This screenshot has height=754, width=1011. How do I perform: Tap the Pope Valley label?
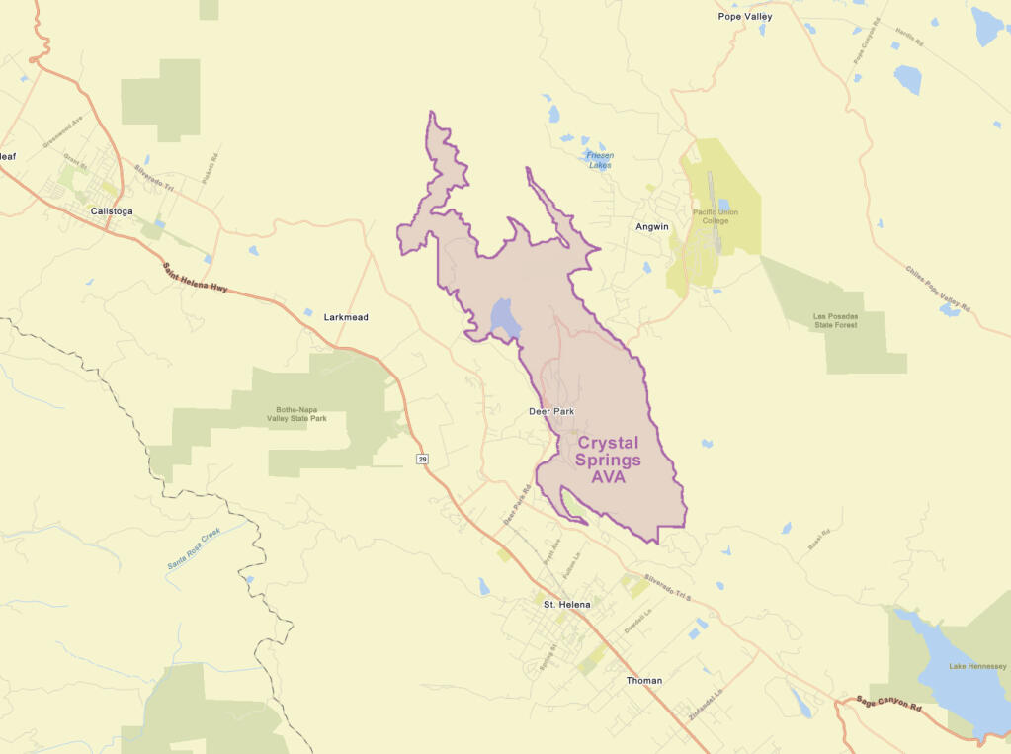coord(745,17)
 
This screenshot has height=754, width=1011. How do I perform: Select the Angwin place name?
coord(651,226)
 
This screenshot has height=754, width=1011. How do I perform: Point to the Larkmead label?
coord(346,317)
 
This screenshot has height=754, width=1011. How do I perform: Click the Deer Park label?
coord(551,411)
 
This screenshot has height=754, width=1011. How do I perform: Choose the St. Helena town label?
coord(566,603)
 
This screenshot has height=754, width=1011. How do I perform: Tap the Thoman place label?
coord(644,681)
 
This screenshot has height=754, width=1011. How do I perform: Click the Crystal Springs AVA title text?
coord(609,461)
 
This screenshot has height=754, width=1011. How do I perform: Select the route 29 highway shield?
coord(423,459)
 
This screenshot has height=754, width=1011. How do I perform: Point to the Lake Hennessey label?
coord(977,667)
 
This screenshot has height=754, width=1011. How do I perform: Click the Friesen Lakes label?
coord(599,160)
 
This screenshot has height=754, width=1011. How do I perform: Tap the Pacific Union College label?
coord(715,217)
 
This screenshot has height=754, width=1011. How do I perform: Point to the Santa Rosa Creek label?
coord(192,549)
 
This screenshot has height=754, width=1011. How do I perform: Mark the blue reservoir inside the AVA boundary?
coord(504,317)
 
